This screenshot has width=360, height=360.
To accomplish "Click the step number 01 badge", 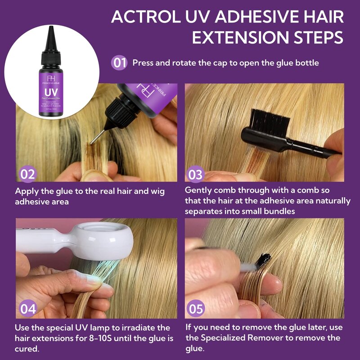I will pyautogui.click(x=119, y=63).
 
